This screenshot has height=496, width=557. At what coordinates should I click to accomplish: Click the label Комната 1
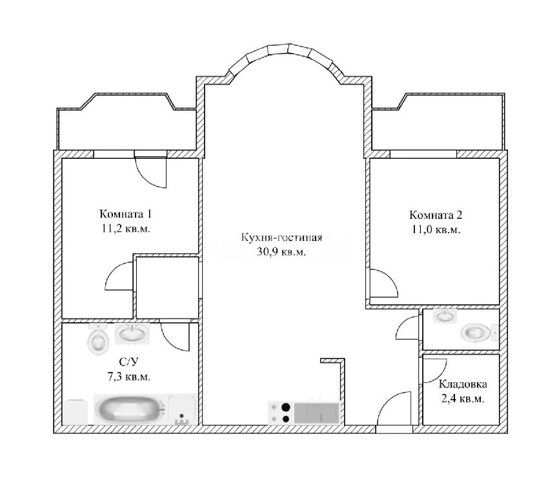(x=125, y=214)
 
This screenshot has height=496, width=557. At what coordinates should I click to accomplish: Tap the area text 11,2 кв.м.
(x=126, y=228)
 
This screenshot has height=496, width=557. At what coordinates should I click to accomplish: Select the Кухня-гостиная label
(x=281, y=237)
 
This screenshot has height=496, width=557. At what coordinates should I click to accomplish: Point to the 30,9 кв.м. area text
(x=281, y=252)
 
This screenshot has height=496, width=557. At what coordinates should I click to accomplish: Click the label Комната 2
(x=436, y=215)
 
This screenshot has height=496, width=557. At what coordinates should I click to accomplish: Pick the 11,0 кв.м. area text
(x=436, y=229)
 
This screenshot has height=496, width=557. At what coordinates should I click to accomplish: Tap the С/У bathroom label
(x=128, y=362)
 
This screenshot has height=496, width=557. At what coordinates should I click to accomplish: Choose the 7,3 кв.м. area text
(x=128, y=376)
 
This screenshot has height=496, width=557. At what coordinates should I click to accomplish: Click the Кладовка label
(x=463, y=384)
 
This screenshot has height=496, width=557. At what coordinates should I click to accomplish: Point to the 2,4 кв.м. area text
(x=463, y=398)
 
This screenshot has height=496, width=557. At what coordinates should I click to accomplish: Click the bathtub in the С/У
(x=131, y=409)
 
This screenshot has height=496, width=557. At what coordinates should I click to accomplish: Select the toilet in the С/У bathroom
(x=97, y=340)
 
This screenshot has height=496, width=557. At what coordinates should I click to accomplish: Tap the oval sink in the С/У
(x=132, y=334)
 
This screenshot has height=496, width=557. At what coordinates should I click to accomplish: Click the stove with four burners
(x=280, y=413)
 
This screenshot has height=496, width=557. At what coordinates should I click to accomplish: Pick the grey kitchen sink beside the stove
(x=317, y=413)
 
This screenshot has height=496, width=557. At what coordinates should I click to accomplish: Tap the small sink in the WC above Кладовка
(x=445, y=316)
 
